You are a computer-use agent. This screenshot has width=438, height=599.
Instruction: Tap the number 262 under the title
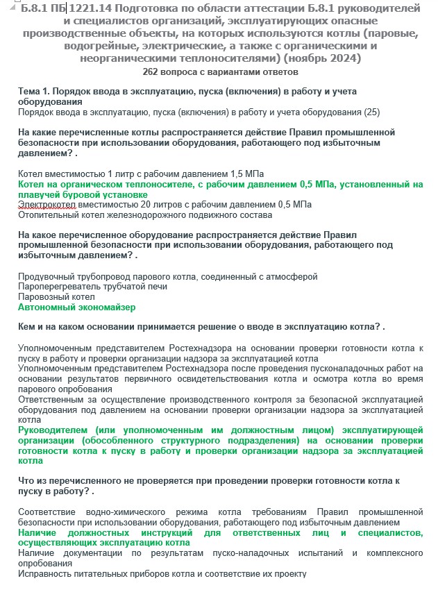151,71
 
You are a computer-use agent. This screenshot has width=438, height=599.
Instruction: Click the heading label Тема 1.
35,92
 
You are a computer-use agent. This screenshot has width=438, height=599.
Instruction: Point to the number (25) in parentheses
372,112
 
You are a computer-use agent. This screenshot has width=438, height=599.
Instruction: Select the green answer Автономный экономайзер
76,307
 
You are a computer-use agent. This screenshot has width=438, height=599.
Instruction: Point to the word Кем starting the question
27,327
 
